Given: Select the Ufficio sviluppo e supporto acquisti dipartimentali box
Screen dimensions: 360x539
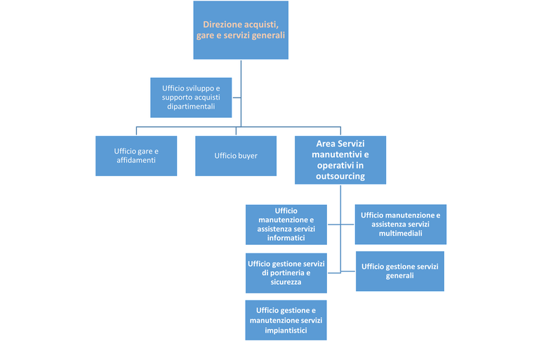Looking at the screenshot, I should click(x=191, y=98).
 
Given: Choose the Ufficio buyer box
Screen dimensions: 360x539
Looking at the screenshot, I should click(x=236, y=155).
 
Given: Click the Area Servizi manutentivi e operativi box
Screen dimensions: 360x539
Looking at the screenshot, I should click(x=340, y=160).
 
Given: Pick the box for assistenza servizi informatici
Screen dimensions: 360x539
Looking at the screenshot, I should click(x=286, y=224).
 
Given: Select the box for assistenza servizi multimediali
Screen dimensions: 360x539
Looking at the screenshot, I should click(x=401, y=224).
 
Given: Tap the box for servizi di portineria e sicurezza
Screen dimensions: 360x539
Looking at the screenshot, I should click(x=286, y=272).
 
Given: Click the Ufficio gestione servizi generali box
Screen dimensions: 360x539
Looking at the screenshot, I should click(x=400, y=271).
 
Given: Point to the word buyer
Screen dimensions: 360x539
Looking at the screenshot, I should click(x=246, y=155).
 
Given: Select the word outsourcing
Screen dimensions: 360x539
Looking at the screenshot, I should click(x=340, y=177).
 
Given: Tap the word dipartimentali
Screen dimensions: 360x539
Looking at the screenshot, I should click(x=191, y=108).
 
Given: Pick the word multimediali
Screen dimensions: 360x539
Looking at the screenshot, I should click(x=401, y=233).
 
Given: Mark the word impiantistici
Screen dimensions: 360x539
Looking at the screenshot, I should click(x=286, y=330).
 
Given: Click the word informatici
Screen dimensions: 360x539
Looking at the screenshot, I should click(x=286, y=238).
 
